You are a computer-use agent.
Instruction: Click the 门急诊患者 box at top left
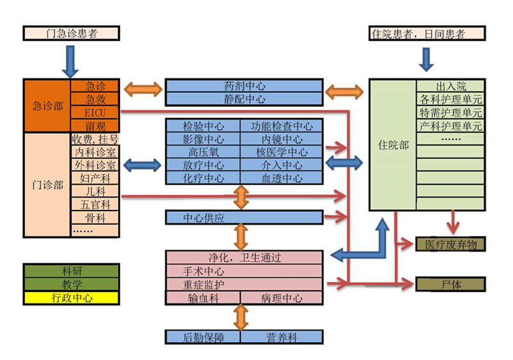(71, 33)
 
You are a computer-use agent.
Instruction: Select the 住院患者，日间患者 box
(427, 33)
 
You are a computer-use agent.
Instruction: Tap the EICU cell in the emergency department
(95, 112)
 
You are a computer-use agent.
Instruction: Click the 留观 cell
(95, 126)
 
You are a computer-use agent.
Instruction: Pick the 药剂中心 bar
(244, 86)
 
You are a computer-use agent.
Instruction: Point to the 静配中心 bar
(244, 99)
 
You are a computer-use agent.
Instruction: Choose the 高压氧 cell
(203, 152)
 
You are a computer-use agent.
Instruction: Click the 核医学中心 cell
(282, 152)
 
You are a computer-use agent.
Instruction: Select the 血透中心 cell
(282, 178)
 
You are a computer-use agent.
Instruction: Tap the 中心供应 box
(203, 218)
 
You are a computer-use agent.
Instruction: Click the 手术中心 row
(244, 271)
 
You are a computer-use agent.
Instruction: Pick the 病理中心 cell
(282, 298)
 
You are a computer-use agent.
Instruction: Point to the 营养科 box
(282, 337)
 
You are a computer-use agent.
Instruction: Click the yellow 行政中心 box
(71, 298)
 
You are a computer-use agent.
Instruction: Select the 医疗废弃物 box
(451, 244)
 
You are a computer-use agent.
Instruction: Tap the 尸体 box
(451, 284)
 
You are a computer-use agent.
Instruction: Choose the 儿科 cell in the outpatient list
(95, 191)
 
